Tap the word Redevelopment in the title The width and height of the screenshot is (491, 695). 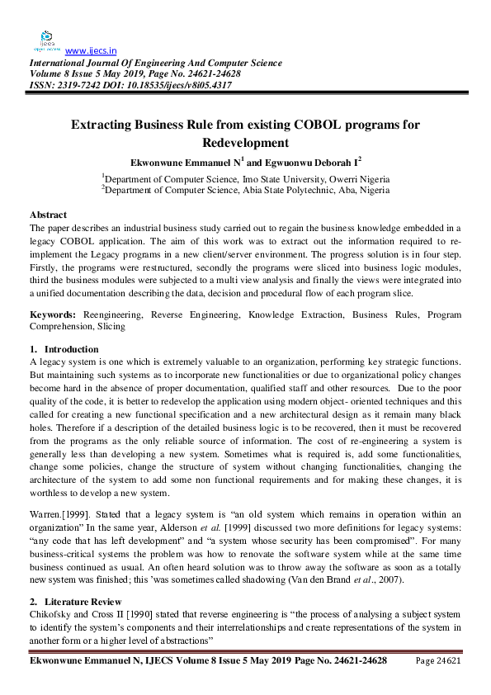click(246, 143)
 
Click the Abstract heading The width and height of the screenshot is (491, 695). click(48, 215)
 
